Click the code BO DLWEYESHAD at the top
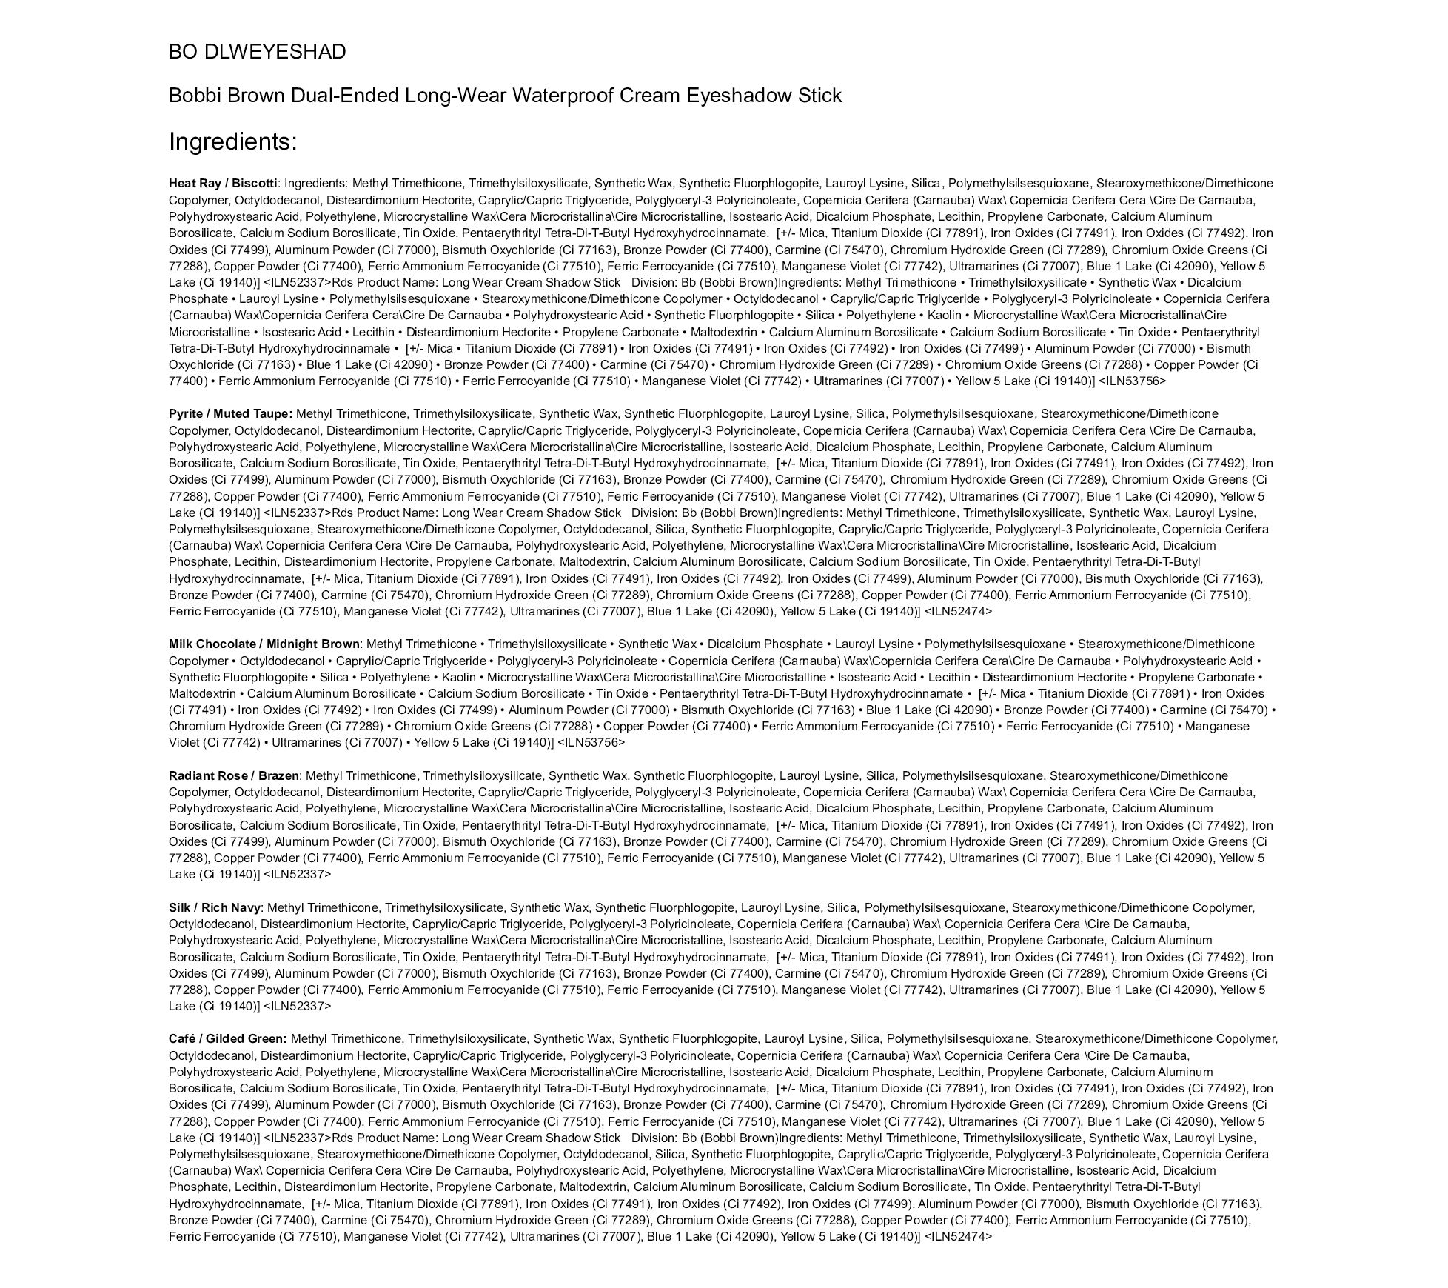click(x=257, y=52)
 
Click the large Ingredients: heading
click(x=232, y=141)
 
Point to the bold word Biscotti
click(x=254, y=184)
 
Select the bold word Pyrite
click(x=185, y=414)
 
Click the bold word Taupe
click(x=273, y=414)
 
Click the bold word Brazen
click(x=278, y=776)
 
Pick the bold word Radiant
click(x=192, y=776)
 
